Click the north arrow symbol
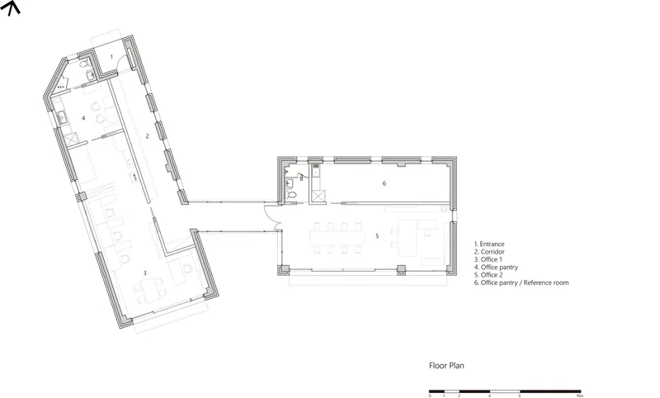pos(11,7)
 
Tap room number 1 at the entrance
pos(111,56)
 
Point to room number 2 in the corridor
pos(148,135)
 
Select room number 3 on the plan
pos(145,273)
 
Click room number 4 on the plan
pos(83,118)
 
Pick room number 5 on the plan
pos(377,236)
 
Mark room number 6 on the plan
pos(384,183)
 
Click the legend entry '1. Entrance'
pos(489,244)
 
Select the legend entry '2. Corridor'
pos(489,252)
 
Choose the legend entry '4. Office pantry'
pos(496,267)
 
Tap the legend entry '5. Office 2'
pos(488,275)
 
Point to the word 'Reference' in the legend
pos(539,282)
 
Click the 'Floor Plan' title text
pos(446,366)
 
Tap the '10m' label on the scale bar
pos(580,396)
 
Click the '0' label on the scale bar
pos(430,396)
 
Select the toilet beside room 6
pos(291,195)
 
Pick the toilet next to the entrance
pos(84,64)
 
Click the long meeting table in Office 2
pos(337,238)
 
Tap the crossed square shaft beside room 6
pos(318,197)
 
